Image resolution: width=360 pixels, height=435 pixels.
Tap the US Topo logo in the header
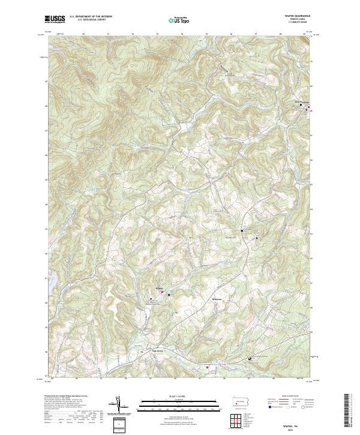[173, 20]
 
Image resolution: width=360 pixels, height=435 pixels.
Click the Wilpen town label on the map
[159, 289]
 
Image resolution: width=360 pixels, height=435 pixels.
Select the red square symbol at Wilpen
[161, 292]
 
